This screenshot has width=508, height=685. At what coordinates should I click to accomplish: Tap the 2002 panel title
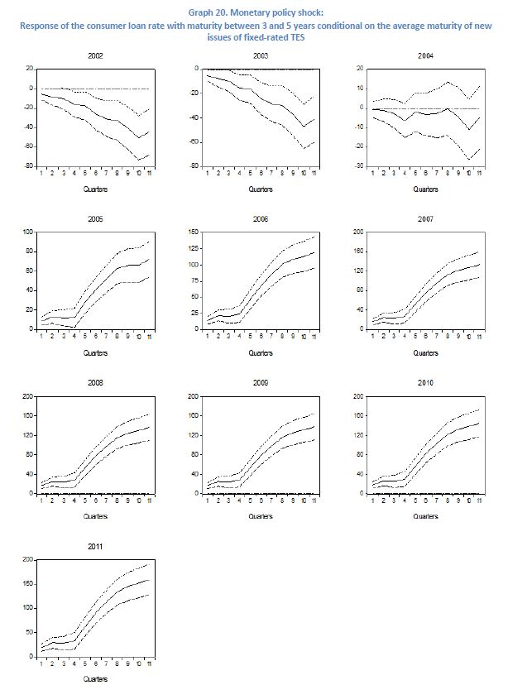pos(96,55)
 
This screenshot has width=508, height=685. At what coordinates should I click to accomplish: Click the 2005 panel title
pos(96,219)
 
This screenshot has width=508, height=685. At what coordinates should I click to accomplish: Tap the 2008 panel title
pos(96,384)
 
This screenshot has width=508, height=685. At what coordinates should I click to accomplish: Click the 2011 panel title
pos(96,548)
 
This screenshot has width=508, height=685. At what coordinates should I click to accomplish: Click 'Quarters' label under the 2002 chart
pos(96,189)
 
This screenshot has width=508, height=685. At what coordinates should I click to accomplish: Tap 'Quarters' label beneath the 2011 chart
pos(96,679)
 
